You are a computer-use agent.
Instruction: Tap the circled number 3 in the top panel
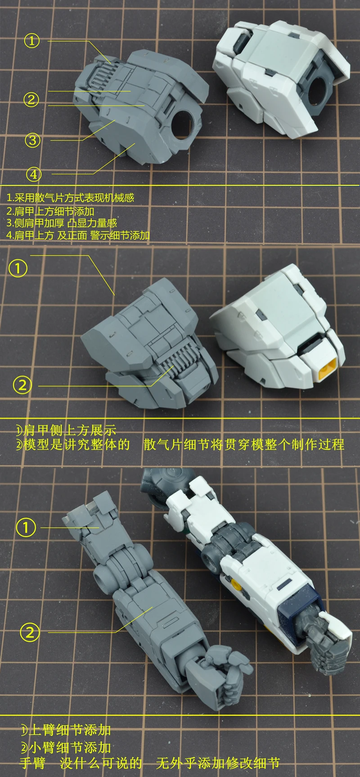tap(32, 140)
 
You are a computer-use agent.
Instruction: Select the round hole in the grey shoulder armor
tap(184, 123)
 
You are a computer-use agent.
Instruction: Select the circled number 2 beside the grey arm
tap(30, 632)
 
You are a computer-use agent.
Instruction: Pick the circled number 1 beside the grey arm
tap(26, 527)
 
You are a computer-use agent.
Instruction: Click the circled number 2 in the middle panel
tap(22, 385)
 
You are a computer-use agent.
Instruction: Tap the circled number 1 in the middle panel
tap(18, 269)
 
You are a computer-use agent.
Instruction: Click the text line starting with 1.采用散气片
tap(71, 198)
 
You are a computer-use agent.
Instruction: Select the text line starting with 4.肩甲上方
tap(78, 235)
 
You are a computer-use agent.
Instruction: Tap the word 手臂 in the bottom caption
tap(34, 763)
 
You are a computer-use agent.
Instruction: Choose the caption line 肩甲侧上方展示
tap(66, 430)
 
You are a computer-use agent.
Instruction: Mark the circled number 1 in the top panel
tap(32, 41)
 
